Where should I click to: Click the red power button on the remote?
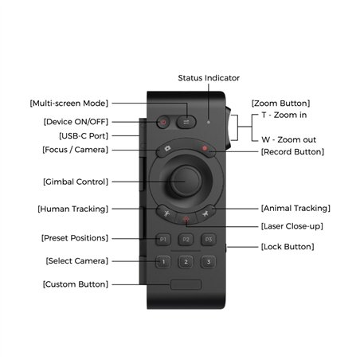[163, 123]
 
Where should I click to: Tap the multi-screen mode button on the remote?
[186, 123]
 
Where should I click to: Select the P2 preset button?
[186, 238]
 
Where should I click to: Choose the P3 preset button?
[209, 238]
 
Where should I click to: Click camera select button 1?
[162, 261]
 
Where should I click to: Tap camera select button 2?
[186, 261]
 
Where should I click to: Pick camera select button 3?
[209, 261]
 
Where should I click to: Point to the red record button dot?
[205, 149]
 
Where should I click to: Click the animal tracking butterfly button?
[205, 213]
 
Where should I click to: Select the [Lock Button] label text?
[288, 247]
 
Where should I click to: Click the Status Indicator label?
[208, 78]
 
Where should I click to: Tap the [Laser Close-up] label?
[292, 227]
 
